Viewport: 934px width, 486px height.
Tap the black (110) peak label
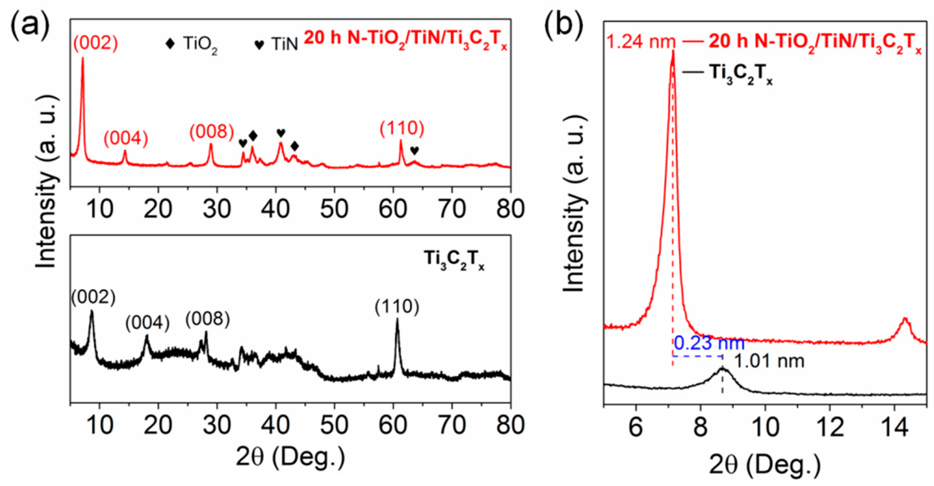click(397, 307)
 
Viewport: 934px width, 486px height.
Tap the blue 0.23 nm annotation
click(709, 343)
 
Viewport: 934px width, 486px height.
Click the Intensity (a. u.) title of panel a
click(47, 181)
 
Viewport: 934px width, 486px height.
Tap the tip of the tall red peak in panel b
click(673, 52)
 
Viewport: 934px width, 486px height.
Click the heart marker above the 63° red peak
click(415, 150)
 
